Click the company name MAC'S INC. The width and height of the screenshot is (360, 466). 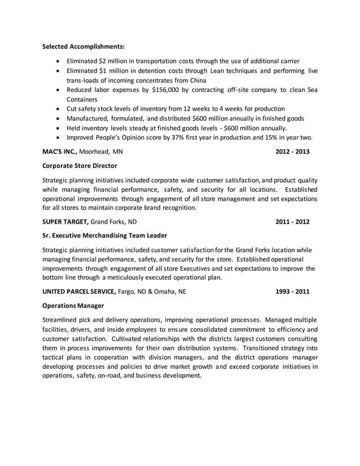tap(61, 152)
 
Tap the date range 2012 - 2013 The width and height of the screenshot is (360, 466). tap(292, 152)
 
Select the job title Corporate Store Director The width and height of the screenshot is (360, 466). tap(80, 166)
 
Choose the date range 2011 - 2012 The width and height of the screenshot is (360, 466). tap(292, 222)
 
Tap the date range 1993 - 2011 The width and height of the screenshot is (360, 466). tap(292, 292)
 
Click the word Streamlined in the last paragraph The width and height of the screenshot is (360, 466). tap(62, 320)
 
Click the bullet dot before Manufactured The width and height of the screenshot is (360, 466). tap(60, 118)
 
